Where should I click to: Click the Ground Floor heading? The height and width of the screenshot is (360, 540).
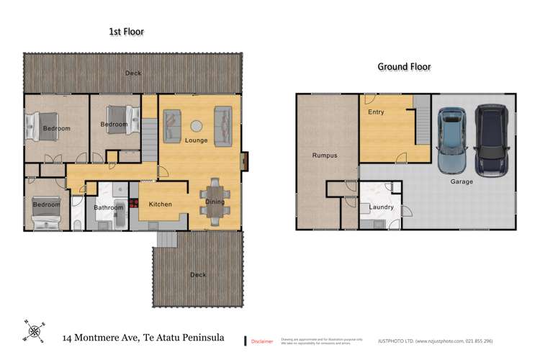pos(405,67)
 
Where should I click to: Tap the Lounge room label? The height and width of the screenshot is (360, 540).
pos(196,140)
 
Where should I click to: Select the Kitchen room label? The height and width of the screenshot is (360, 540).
pos(161,204)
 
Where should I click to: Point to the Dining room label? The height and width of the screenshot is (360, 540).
pos(215,202)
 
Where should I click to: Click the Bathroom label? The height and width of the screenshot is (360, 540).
pos(109,208)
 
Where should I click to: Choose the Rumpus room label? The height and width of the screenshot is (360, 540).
pos(324,156)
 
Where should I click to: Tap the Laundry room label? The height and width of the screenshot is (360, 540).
pos(381,207)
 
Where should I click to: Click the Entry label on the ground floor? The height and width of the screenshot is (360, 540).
pos(376,112)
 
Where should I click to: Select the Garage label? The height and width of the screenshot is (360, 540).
pos(462,181)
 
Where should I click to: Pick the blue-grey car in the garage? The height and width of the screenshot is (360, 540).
pos(451,140)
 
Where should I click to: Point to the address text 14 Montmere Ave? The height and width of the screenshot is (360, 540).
pos(143,337)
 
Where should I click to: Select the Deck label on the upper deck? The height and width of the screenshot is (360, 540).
pos(133,73)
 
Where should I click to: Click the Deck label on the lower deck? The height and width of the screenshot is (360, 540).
pos(197,274)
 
